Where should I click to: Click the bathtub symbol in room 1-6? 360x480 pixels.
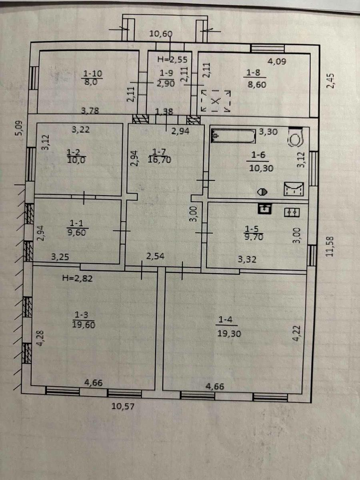click(234, 136)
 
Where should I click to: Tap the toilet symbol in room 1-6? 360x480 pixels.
click(296, 137)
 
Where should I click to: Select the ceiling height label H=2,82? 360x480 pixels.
click(77, 278)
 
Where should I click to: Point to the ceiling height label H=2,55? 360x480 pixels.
click(172, 60)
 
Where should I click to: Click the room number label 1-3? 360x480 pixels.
click(82, 315)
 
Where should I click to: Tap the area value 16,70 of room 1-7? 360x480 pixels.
click(159, 160)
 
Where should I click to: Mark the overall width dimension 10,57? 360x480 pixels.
click(123, 406)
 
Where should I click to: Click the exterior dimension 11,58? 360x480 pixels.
click(330, 246)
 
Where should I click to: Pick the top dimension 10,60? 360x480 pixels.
click(161, 34)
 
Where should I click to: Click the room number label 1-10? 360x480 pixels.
click(93, 74)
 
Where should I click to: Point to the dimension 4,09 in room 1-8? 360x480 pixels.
click(277, 62)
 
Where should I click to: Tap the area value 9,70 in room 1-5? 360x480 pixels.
click(254, 237)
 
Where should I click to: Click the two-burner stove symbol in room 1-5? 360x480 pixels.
click(292, 212)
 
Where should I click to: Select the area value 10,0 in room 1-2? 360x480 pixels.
click(76, 160)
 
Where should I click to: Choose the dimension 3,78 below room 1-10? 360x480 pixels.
click(90, 111)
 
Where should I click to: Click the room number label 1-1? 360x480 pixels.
click(76, 223)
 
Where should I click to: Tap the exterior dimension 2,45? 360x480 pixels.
click(330, 81)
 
